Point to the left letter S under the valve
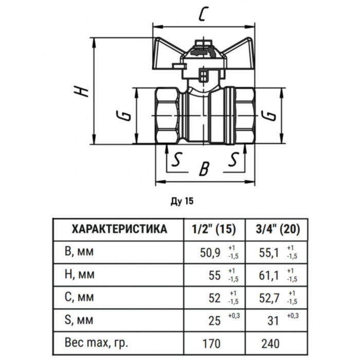pos(176,161)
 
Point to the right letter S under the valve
pos(234,161)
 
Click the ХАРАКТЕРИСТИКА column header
pos(119,228)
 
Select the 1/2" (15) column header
pos(213,228)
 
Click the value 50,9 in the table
pos(210,252)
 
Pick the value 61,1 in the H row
pos(267,275)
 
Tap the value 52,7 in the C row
pos(267,298)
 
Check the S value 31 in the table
pos(272,321)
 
